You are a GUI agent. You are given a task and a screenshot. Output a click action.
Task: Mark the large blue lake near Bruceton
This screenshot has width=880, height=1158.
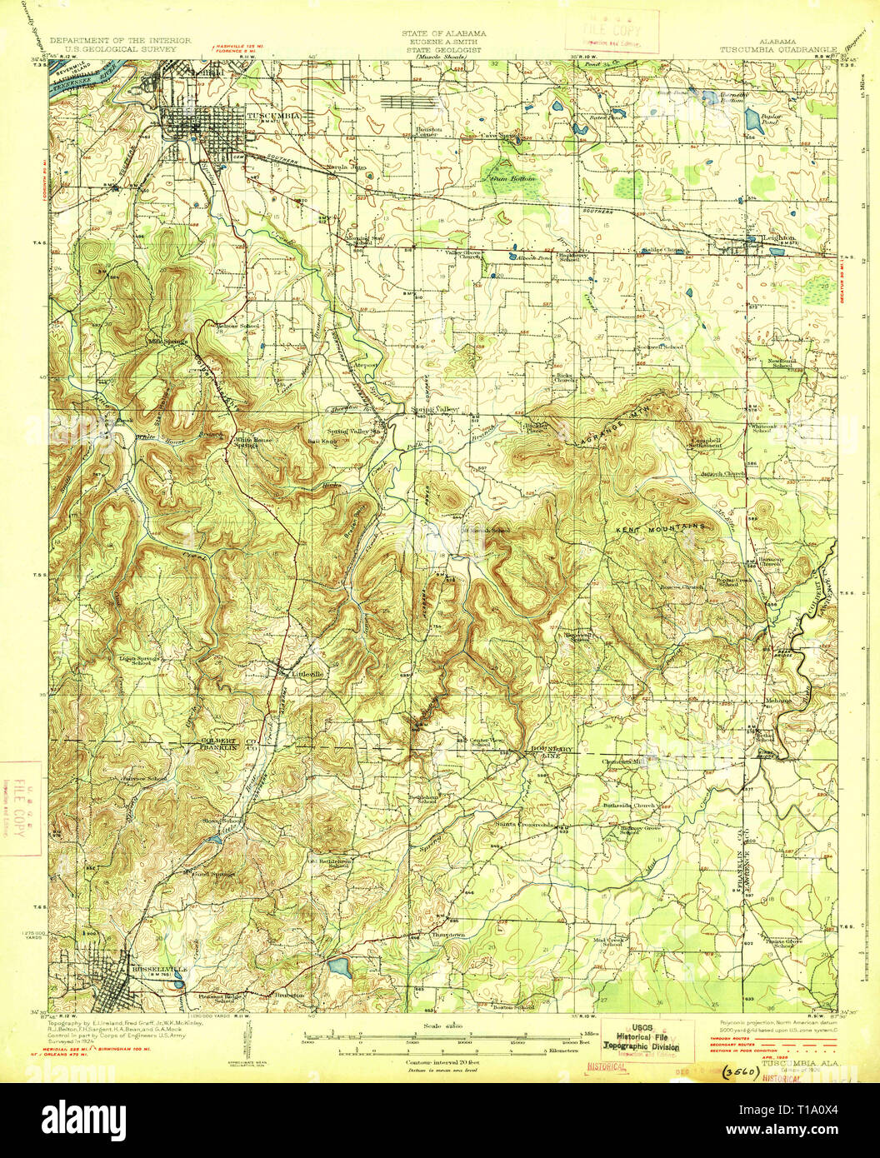coord(340,966)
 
